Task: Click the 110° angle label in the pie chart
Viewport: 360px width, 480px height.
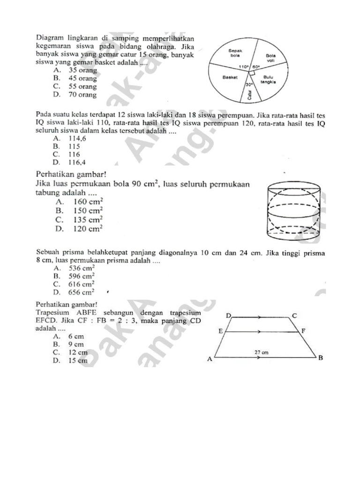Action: (243, 67)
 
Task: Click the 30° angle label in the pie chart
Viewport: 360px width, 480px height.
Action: (249, 84)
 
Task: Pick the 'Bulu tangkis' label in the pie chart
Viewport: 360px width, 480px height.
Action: (268, 79)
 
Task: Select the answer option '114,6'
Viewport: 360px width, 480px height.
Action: (77, 138)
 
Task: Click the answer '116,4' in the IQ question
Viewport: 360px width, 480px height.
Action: (77, 162)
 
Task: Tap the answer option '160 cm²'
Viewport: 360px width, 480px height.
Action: (89, 202)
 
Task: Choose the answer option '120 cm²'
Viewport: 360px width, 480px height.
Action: (89, 229)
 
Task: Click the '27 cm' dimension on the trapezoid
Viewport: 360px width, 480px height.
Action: (261, 351)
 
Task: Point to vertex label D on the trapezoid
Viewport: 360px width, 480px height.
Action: (228, 315)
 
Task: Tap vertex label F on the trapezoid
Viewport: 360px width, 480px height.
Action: (303, 331)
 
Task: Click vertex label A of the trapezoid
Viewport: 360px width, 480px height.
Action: (210, 359)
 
